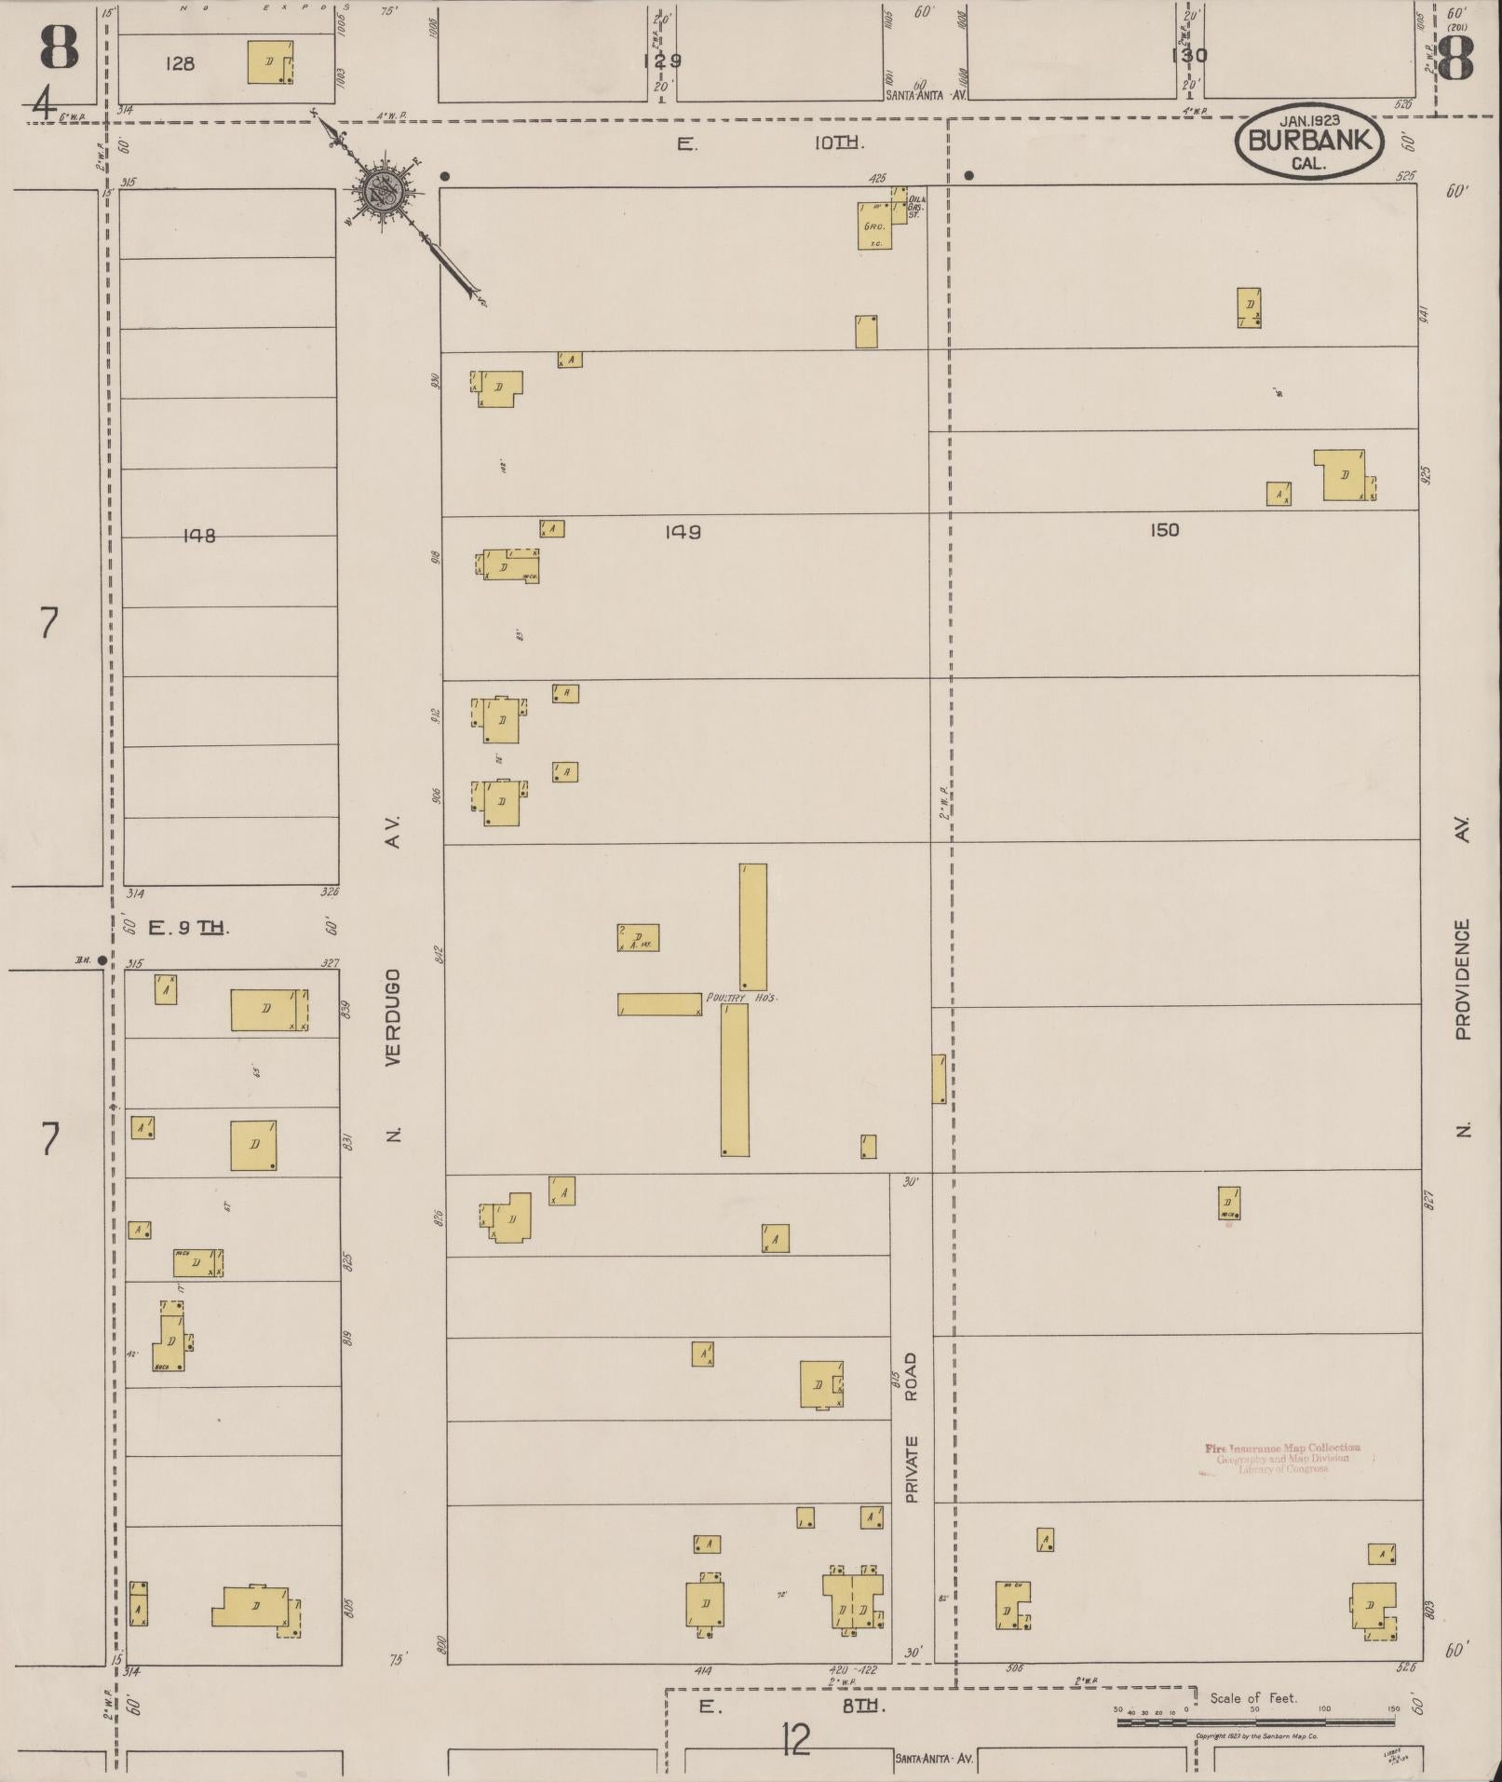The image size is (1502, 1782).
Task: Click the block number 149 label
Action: [x=683, y=532]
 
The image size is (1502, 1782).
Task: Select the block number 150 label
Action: [x=1164, y=530]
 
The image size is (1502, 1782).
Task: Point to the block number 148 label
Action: [x=199, y=536]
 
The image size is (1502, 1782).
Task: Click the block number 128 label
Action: [x=180, y=63]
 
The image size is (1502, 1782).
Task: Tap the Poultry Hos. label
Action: [x=741, y=998]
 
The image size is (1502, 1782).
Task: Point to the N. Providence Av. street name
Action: [x=1462, y=978]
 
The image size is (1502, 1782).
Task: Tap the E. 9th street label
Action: [x=188, y=927]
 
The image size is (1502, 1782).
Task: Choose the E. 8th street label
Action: [x=791, y=1706]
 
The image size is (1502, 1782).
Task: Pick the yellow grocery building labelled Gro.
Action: [x=874, y=225]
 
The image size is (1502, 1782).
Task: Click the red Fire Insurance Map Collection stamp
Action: [x=1282, y=1458]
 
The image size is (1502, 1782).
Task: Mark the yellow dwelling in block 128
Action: [x=270, y=62]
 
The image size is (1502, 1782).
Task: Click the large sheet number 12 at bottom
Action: [x=796, y=1738]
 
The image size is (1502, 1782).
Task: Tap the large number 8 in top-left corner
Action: [x=59, y=47]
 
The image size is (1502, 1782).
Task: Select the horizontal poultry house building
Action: [x=659, y=1004]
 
